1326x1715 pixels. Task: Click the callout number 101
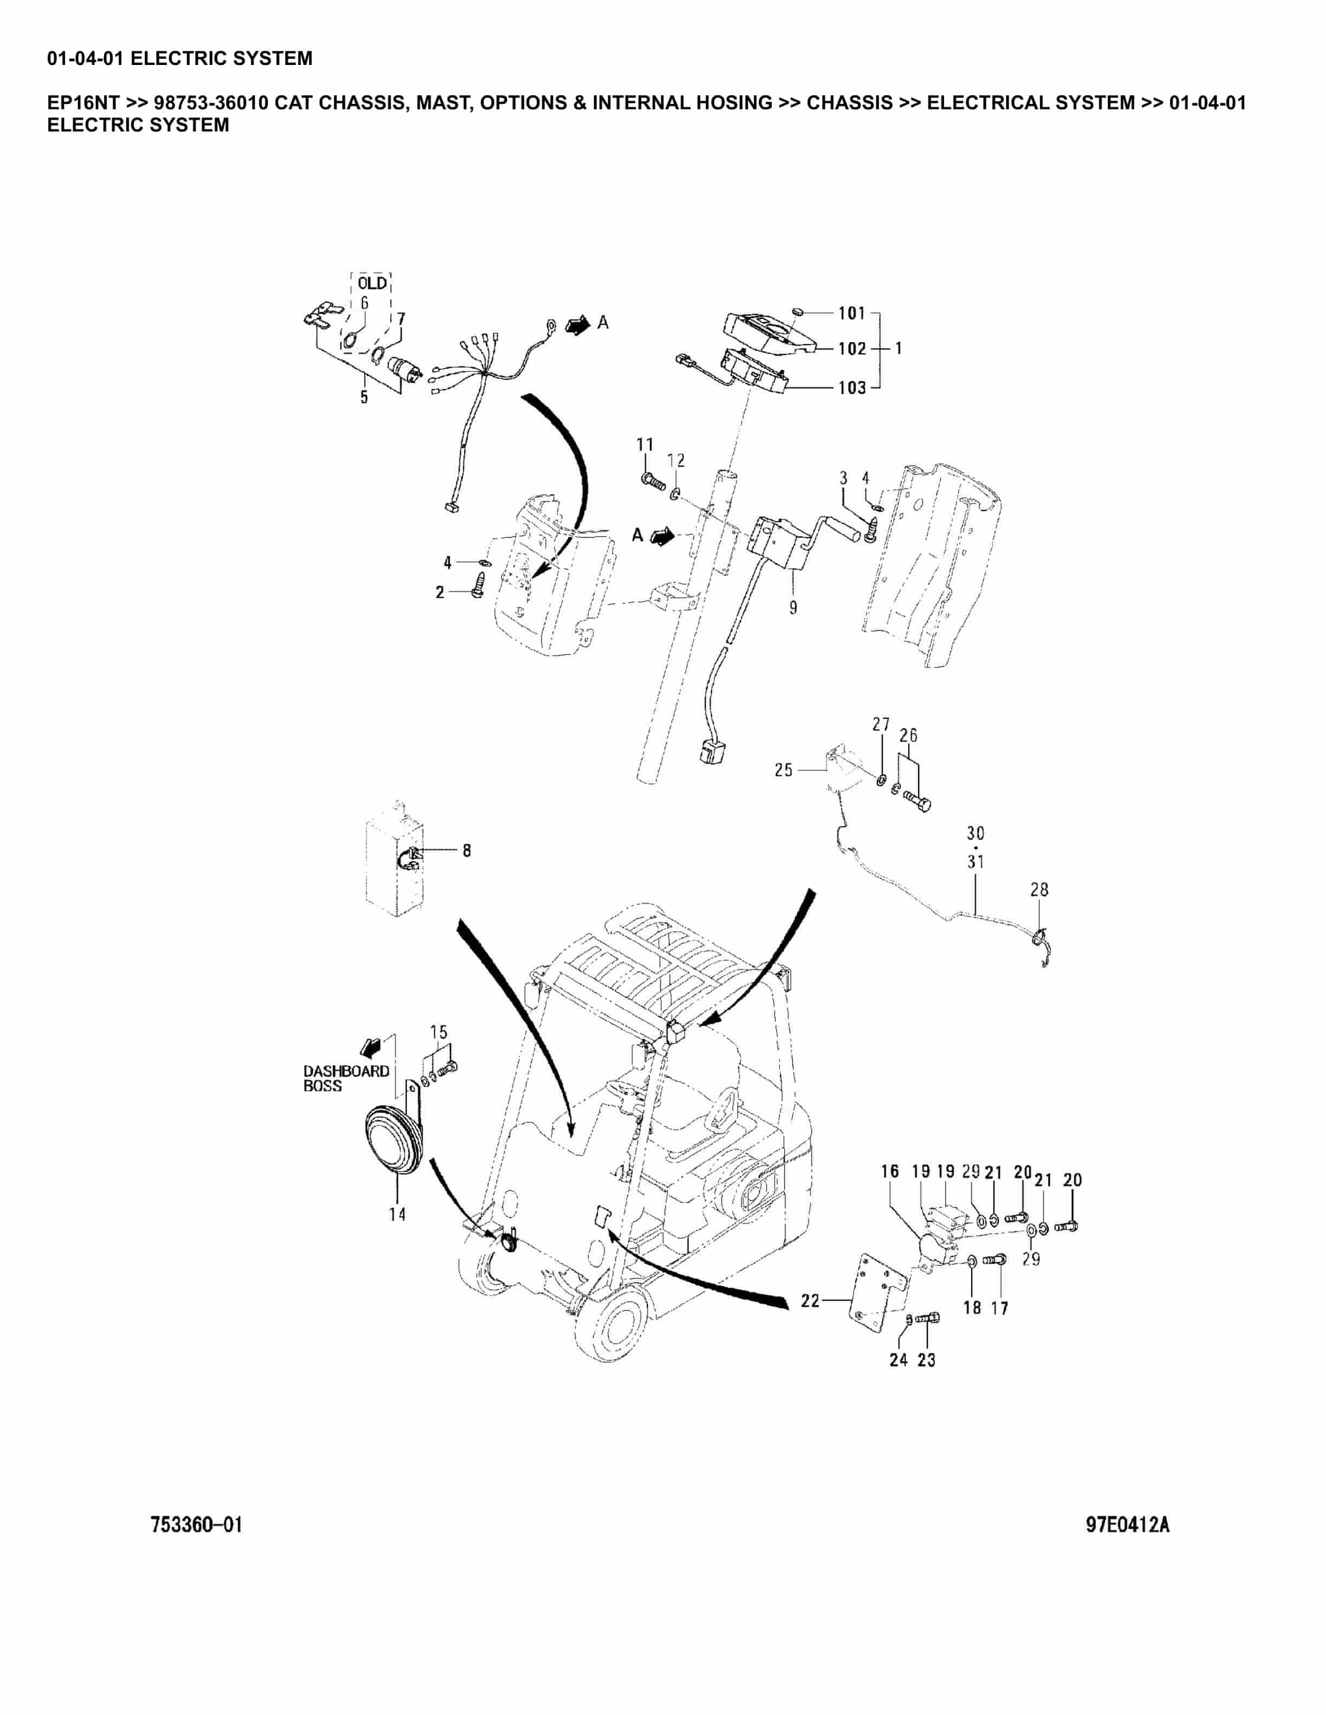point(851,313)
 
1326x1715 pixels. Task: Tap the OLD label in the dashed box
point(372,283)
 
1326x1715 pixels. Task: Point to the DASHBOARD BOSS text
point(346,1078)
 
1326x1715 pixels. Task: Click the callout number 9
point(792,607)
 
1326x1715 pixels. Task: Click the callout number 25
point(783,770)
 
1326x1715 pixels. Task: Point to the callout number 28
point(1039,889)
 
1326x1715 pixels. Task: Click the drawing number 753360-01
point(197,1525)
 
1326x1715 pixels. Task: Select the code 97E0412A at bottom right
point(1127,1525)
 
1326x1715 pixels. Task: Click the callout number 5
point(363,397)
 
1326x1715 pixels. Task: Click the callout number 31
point(975,861)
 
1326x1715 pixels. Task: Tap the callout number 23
point(926,1360)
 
